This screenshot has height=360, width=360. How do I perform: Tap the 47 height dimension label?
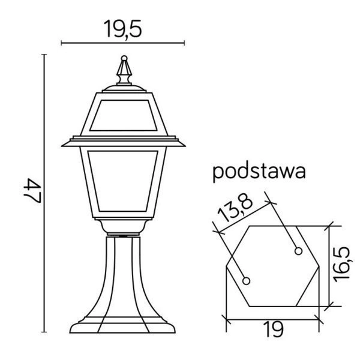(x=30, y=191)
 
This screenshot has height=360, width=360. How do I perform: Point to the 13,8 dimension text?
(x=234, y=208)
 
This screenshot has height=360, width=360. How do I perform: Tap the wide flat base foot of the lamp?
(x=124, y=326)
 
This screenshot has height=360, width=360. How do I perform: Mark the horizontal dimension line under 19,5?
(x=124, y=43)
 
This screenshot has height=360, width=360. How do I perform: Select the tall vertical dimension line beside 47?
(x=44, y=191)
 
